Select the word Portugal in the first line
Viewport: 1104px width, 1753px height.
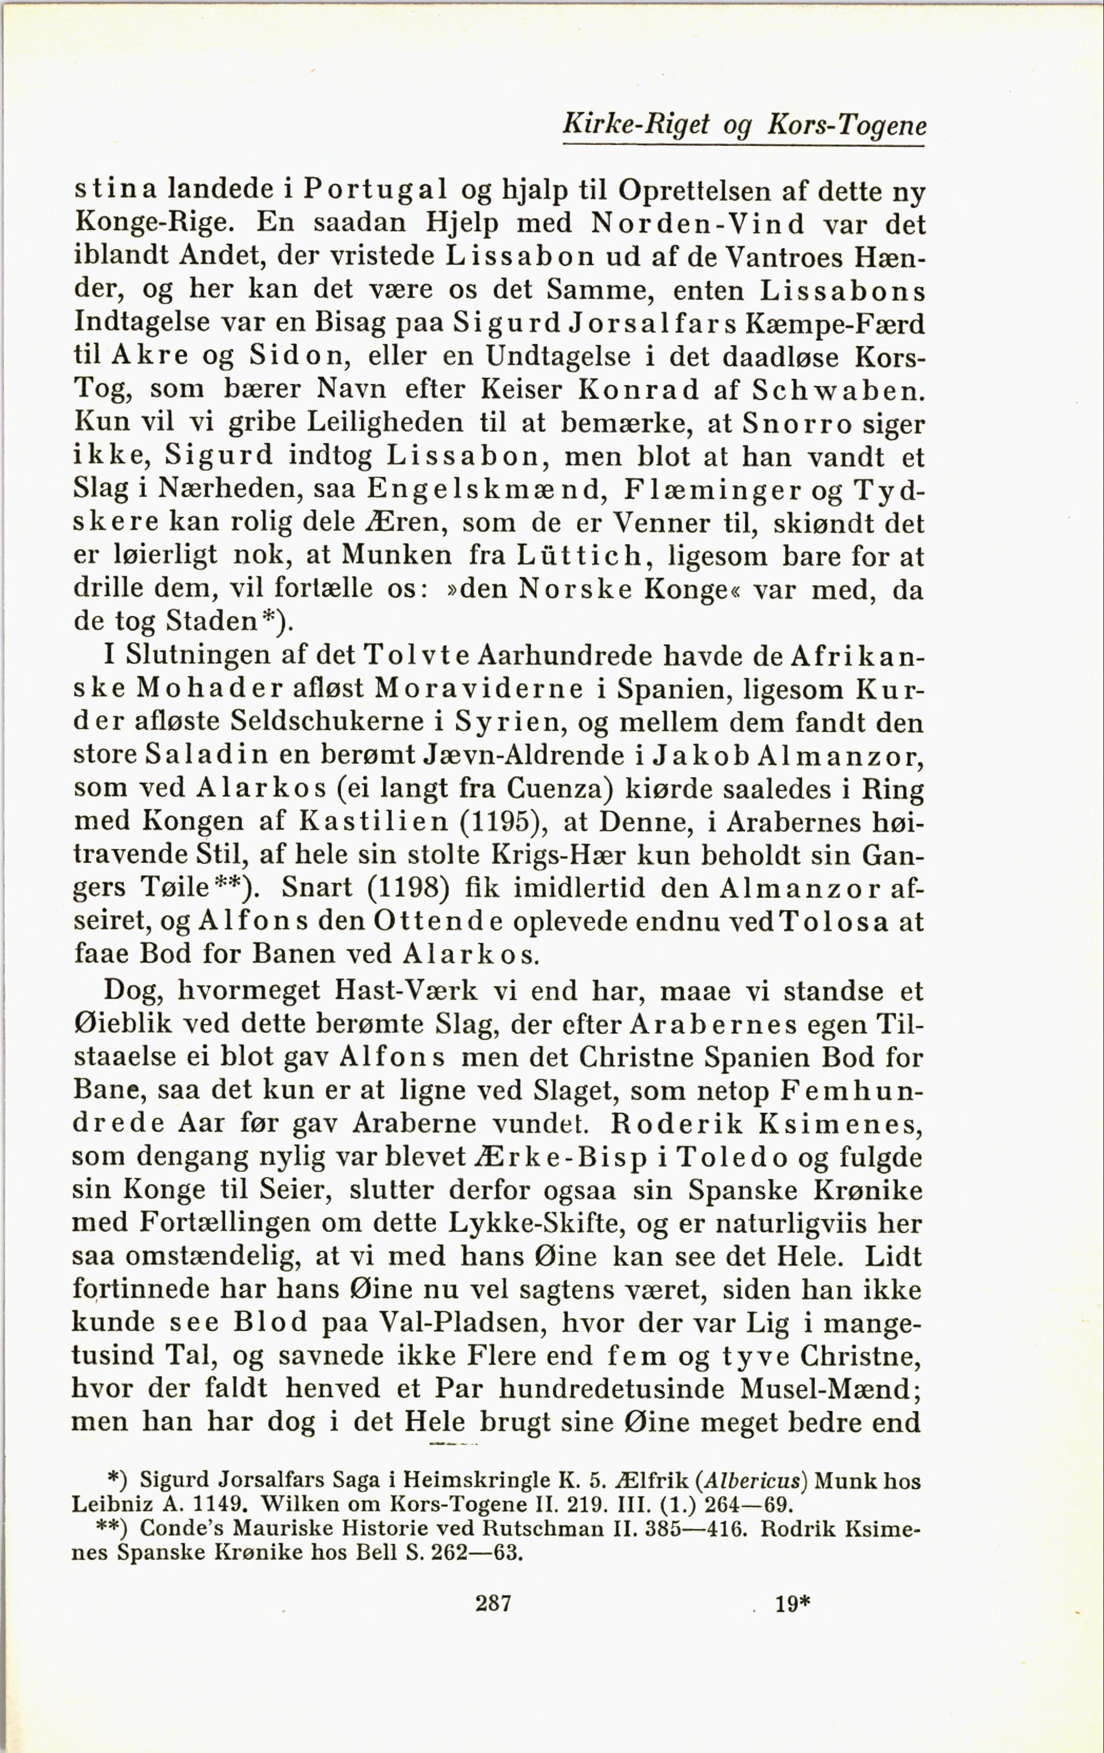375,191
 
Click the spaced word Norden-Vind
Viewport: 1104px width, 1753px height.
698,224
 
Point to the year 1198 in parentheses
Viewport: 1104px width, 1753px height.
404,887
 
